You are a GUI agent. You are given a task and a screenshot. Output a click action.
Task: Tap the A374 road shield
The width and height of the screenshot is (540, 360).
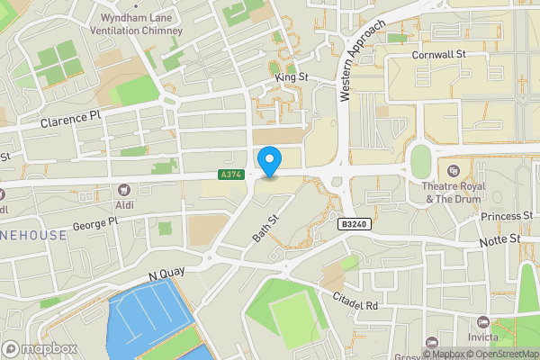point(230,175)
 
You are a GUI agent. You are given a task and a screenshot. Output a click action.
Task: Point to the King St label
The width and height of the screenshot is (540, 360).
point(292,78)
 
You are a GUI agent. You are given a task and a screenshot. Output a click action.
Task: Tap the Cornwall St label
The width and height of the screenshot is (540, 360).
point(437,55)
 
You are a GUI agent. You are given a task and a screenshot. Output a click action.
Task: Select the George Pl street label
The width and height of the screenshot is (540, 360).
point(95,221)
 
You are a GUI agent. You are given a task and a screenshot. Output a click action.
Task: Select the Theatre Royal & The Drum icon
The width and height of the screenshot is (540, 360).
point(454,171)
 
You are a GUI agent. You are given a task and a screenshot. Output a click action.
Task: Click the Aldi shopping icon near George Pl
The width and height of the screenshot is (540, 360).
point(123,189)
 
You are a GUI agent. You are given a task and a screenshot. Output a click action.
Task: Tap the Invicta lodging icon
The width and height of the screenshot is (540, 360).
point(484,321)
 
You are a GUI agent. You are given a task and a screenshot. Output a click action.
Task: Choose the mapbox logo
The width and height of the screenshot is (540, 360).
point(39,348)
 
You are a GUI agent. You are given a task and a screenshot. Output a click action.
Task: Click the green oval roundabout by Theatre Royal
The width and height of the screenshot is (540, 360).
point(420,162)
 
